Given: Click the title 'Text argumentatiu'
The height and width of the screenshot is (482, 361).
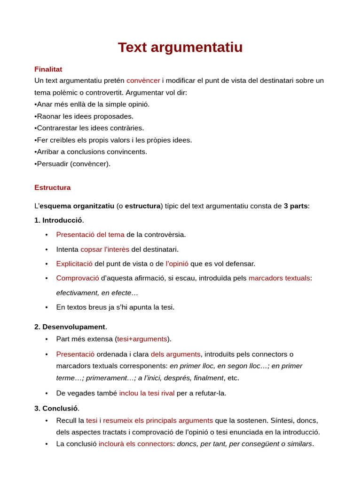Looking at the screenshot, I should click(180, 48).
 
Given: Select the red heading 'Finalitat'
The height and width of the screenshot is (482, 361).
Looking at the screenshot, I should click(48, 69).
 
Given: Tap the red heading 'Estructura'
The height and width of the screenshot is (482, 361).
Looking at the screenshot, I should click(52, 187).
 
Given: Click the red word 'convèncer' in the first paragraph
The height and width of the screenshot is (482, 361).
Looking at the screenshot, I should click(143, 80).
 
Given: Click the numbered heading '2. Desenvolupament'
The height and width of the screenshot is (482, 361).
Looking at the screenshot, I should click(70, 327).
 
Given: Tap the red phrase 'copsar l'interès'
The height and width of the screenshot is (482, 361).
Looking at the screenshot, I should click(105, 249).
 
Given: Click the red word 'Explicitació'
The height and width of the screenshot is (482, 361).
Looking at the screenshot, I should click(74, 264).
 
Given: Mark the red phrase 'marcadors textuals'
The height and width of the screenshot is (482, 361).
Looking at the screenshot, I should click(279, 278).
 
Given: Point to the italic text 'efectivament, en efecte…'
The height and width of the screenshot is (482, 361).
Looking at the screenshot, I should click(97, 293).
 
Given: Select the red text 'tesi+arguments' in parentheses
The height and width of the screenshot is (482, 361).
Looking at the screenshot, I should click(142, 339).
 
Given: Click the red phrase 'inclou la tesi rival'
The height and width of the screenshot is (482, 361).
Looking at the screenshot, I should click(147, 393).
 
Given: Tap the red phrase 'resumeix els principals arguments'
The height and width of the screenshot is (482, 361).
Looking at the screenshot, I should click(158, 420).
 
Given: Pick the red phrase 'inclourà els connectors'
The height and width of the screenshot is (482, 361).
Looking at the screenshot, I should click(135, 444).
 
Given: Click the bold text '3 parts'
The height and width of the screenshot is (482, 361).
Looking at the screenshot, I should click(295, 206).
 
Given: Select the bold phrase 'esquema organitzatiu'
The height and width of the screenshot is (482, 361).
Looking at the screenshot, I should click(77, 206).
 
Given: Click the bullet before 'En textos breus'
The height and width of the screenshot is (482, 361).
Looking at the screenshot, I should click(47, 307).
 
